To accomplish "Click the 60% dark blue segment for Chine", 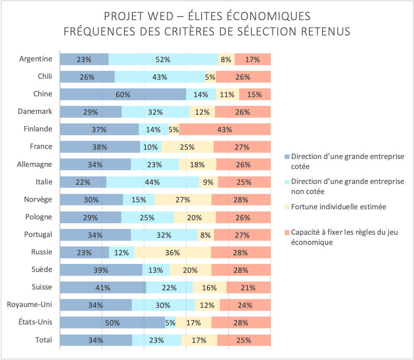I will pos(123,94).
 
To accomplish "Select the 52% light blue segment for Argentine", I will pos(163,59).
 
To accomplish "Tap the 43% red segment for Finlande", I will pos(225,129).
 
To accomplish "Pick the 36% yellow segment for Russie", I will pos(173,252).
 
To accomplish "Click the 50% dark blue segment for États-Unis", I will pos(113,323).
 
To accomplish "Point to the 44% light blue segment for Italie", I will pos(152,182).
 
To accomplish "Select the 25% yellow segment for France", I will pos(187,147).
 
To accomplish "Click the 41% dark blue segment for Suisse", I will pos(103,288).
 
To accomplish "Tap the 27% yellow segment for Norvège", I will pos(183,200).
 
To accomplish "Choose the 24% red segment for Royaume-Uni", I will pos(245,305).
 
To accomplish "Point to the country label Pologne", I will pos(39,217).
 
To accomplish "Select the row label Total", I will pos(43,340).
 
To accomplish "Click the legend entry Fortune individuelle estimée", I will pos(339,207).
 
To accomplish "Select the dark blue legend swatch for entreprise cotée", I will pos(287,156).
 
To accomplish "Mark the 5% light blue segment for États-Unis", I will pos(170,323).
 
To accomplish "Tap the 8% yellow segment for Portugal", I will pos(206,235).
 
